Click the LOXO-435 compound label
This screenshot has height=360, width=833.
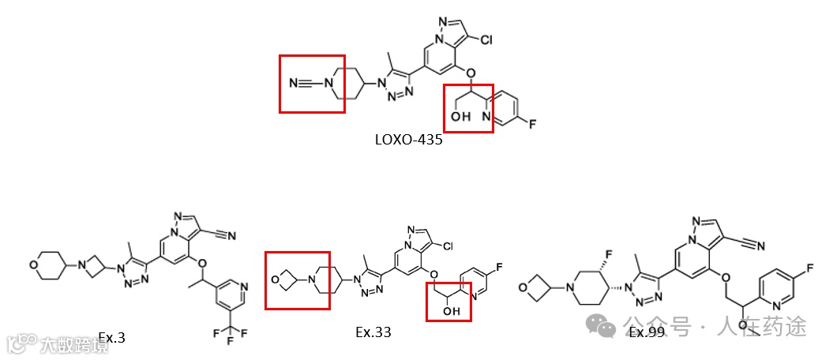(408, 140)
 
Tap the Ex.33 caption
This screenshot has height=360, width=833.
(373, 332)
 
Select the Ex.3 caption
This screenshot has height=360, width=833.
(112, 338)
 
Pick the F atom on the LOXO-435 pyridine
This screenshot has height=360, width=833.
(533, 123)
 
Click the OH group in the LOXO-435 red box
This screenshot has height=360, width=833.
(461, 117)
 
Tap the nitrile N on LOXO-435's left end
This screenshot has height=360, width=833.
(295, 82)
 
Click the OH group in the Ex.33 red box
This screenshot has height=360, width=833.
(452, 311)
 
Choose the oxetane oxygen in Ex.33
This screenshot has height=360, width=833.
(276, 279)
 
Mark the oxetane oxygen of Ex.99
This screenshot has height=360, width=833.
(523, 287)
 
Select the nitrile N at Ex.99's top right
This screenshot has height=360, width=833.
(760, 246)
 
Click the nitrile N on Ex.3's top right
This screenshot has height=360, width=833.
(231, 234)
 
